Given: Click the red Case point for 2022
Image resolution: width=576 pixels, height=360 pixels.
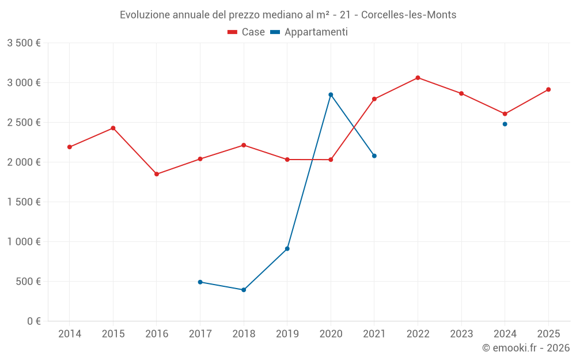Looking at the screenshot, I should click(418, 78).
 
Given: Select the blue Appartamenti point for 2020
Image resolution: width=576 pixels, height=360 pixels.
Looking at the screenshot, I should click(331, 94).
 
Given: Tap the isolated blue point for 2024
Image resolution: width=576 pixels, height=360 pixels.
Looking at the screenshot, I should click(505, 124).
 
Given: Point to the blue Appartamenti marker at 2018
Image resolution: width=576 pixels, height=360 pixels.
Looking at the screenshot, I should click(244, 290).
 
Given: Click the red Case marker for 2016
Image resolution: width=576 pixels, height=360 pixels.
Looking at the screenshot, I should click(157, 174).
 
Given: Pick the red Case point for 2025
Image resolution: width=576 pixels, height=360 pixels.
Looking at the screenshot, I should click(548, 89).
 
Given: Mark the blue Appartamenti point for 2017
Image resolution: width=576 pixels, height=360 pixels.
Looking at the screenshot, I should click(200, 282).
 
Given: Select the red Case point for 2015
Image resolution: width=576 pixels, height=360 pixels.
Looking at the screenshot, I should click(113, 128).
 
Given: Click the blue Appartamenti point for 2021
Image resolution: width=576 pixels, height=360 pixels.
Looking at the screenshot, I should click(374, 156).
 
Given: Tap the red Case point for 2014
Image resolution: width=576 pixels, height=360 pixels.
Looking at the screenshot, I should click(70, 147).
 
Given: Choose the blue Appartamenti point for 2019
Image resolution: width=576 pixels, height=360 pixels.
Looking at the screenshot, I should click(287, 249).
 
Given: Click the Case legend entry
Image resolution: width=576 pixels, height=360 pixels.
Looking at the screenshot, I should click(246, 32).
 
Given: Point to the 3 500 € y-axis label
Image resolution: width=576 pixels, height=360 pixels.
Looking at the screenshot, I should click(24, 43).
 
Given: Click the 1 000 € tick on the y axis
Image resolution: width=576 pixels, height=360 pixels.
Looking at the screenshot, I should click(24, 242).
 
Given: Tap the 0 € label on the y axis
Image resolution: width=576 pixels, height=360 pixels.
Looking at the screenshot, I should click(32, 321).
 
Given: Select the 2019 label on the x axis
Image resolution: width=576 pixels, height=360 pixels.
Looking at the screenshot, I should click(287, 334).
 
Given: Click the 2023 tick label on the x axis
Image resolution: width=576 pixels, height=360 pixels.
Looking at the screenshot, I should click(461, 334).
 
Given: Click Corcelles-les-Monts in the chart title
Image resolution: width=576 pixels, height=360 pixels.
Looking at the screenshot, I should click(412, 15).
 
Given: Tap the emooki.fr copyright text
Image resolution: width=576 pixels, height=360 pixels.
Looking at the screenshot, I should click(525, 348).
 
